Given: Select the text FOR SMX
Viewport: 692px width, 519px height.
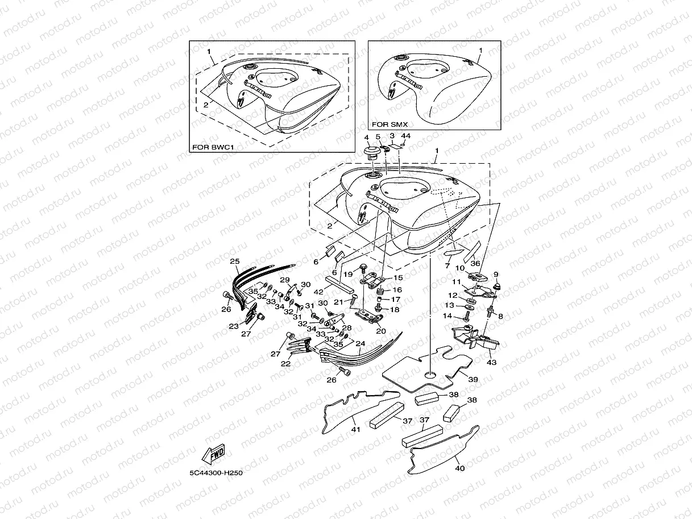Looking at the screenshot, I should click(389, 124).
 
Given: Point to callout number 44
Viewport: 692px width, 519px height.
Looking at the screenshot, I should click(405, 137).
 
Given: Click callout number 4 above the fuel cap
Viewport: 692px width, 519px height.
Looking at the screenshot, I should click(367, 137).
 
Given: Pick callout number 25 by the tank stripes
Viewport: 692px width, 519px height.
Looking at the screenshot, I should click(235, 262).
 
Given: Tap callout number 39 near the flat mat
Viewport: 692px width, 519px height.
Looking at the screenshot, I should click(473, 378).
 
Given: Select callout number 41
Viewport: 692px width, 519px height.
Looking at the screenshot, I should click(355, 429).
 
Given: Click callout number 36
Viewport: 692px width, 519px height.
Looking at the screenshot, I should click(476, 263).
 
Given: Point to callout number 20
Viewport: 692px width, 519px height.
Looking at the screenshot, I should click(381, 330).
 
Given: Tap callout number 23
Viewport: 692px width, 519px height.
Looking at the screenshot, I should click(233, 326).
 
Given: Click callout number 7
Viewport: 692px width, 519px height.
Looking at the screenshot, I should click(447, 265).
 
